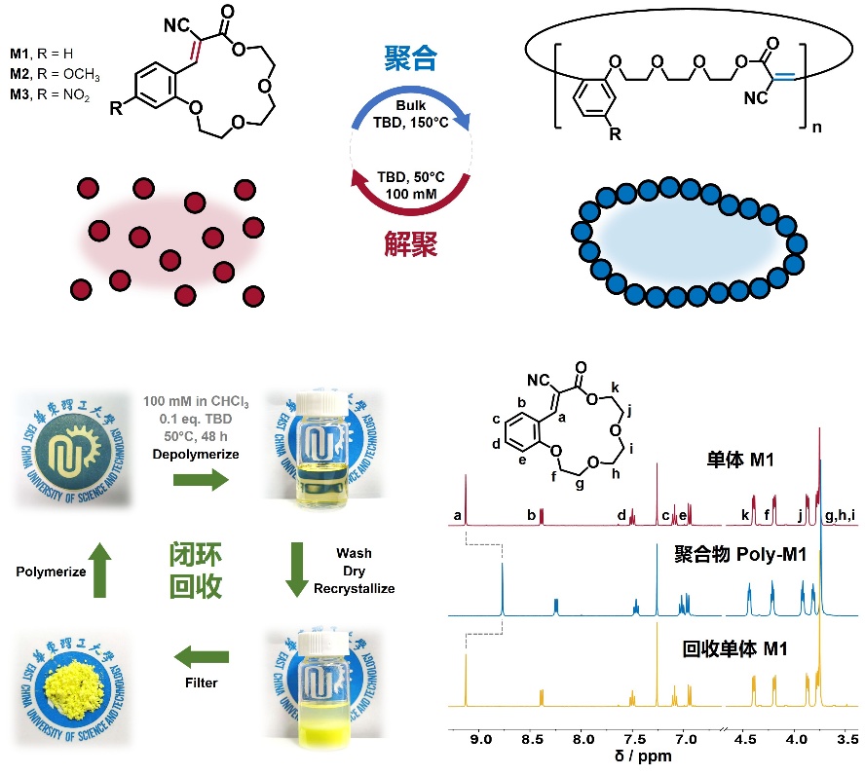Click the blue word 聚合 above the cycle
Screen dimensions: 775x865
pos(410,59)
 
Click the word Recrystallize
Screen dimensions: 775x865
pos(355,588)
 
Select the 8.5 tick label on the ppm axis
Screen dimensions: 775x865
pos(531,738)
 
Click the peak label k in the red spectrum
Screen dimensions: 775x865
pos(745,514)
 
